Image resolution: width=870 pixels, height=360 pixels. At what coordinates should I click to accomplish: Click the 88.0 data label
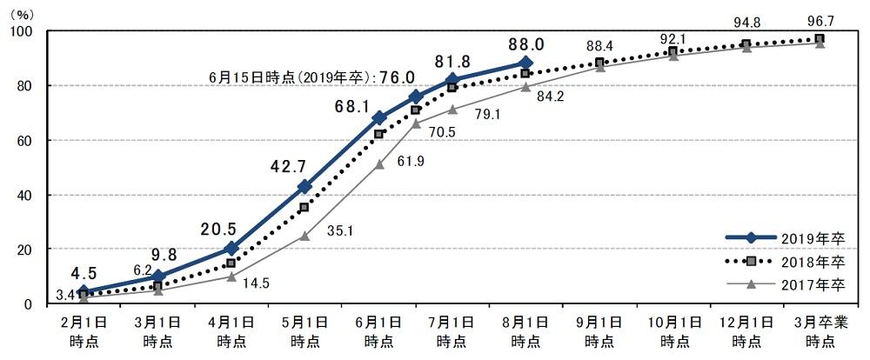pyautogui.click(x=526, y=43)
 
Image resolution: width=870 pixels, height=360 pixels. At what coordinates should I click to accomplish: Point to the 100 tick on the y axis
pyautogui.click(x=21, y=31)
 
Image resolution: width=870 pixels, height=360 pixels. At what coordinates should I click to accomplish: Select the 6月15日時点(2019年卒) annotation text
pyautogui.click(x=287, y=77)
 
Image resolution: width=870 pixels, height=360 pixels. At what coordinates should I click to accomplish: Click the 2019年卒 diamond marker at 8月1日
pyautogui.click(x=525, y=63)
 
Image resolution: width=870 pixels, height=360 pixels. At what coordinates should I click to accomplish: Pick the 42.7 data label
pyautogui.click(x=298, y=165)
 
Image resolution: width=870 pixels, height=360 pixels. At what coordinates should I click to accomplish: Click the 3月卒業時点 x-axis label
pyautogui.click(x=820, y=331)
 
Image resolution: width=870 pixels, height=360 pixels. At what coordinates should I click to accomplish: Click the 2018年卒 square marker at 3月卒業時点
pyautogui.click(x=820, y=39)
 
